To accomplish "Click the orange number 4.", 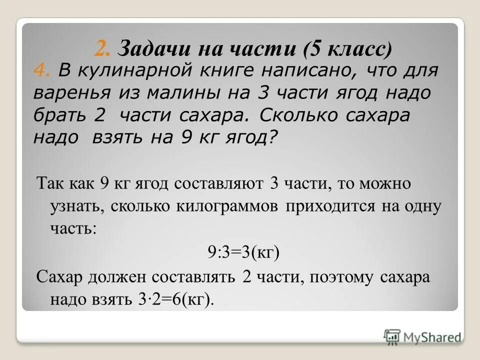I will point(41,71).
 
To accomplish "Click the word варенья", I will point(68,93).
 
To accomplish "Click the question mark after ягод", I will point(272,137).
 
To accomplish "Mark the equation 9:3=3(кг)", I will point(243,251).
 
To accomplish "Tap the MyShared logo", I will point(422,337).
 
